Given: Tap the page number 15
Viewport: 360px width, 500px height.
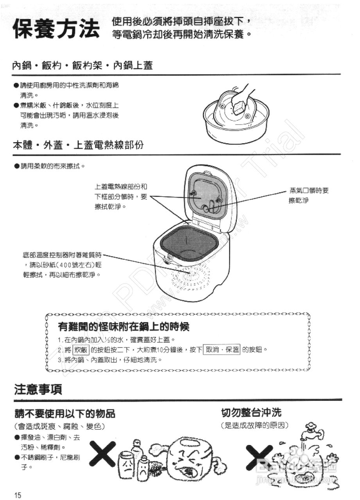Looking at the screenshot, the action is [x=18, y=495].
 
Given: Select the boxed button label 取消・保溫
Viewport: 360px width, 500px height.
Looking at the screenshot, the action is [x=222, y=349].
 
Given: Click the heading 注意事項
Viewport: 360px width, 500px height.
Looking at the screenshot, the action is [x=38, y=389].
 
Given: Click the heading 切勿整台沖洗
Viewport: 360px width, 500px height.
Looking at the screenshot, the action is [x=251, y=412].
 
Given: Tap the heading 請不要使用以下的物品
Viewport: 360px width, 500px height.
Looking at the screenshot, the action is [x=65, y=414].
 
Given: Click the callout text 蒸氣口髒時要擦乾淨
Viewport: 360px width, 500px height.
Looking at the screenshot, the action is [x=309, y=195].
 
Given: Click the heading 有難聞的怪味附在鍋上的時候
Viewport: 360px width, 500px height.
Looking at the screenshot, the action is [x=124, y=326].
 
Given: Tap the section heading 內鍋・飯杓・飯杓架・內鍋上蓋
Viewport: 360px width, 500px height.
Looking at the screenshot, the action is [x=82, y=66].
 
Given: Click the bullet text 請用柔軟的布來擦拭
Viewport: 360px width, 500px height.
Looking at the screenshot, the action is [x=51, y=166].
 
